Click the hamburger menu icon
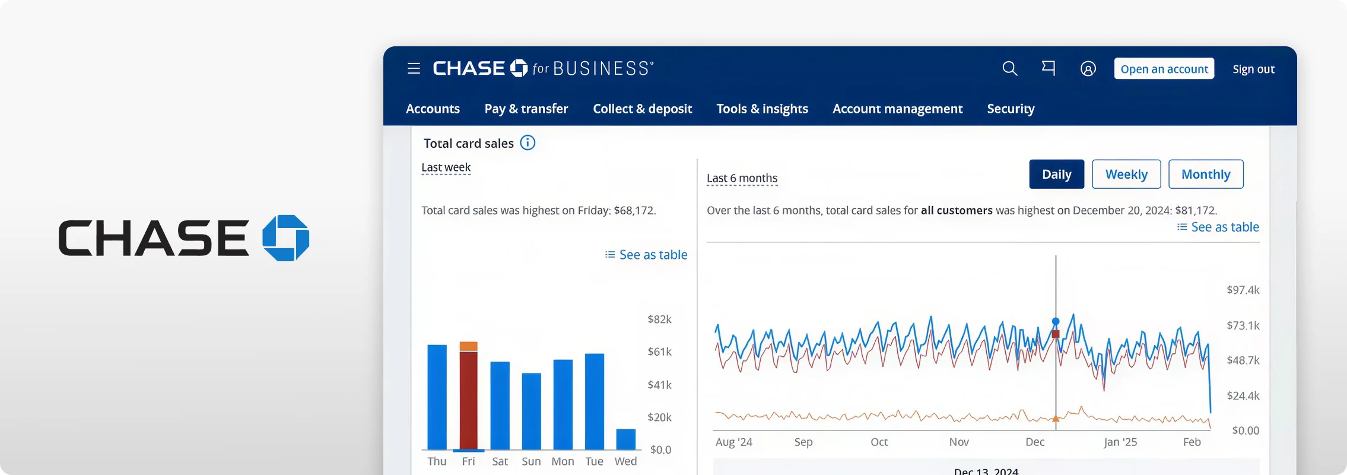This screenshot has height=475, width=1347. tap(414, 69)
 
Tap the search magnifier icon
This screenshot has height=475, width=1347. tap(1009, 69)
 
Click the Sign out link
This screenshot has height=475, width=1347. tap(1253, 69)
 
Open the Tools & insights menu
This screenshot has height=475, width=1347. tap(762, 109)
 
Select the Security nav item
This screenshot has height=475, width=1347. tap(1011, 109)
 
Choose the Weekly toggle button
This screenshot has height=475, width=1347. tap(1126, 174)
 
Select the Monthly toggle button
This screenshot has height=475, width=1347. tap(1206, 174)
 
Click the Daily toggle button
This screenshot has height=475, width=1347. tap(1057, 174)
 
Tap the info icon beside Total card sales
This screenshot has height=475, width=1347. tap(528, 142)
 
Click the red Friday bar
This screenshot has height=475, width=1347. tap(469, 400)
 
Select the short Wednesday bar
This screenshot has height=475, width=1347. tap(626, 439)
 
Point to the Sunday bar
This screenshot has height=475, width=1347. tap(532, 411)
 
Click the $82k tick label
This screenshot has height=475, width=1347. tap(659, 319)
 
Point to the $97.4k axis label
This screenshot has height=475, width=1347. tap(1243, 290)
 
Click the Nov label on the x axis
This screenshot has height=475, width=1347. tap(959, 442)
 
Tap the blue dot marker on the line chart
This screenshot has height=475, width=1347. tap(1056, 321)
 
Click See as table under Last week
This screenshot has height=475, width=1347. tap(646, 255)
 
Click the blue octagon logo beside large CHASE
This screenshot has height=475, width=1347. tap(286, 238)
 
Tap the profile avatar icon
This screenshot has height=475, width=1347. tap(1088, 69)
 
